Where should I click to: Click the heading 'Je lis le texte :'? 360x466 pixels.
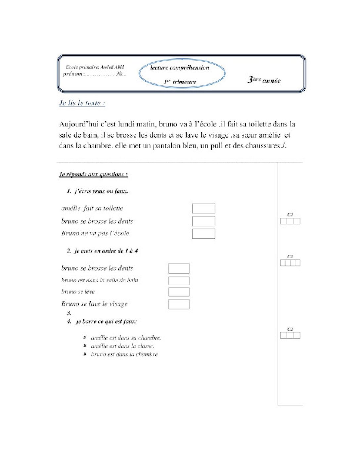82,103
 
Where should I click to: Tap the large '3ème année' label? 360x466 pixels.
264,80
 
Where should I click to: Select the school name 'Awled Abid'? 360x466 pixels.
112,67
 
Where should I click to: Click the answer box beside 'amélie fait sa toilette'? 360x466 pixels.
203,209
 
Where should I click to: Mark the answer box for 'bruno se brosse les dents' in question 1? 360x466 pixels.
203,221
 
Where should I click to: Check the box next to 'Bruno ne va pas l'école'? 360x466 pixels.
203,234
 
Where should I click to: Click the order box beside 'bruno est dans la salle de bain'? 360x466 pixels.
179,281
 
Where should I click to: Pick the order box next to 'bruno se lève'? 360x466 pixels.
179,292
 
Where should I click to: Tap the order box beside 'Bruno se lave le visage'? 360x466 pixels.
179,304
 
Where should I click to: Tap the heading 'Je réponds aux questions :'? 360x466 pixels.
93,174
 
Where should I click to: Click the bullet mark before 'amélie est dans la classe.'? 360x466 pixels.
85,346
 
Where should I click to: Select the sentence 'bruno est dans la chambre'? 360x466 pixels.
124,354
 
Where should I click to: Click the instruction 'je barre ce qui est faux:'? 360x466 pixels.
107,321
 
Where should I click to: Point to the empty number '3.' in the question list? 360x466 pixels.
69,313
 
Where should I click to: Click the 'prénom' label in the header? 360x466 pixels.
72,74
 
